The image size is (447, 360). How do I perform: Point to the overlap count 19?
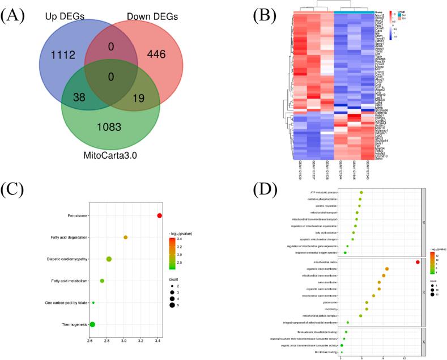click(x=139, y=97)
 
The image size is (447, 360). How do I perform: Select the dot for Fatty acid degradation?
click(x=126, y=237)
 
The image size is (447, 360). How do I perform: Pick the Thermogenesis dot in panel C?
click(x=92, y=324)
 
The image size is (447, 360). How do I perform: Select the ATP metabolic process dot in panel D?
click(x=361, y=192)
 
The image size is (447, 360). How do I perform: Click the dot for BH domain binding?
click(x=342, y=352)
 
